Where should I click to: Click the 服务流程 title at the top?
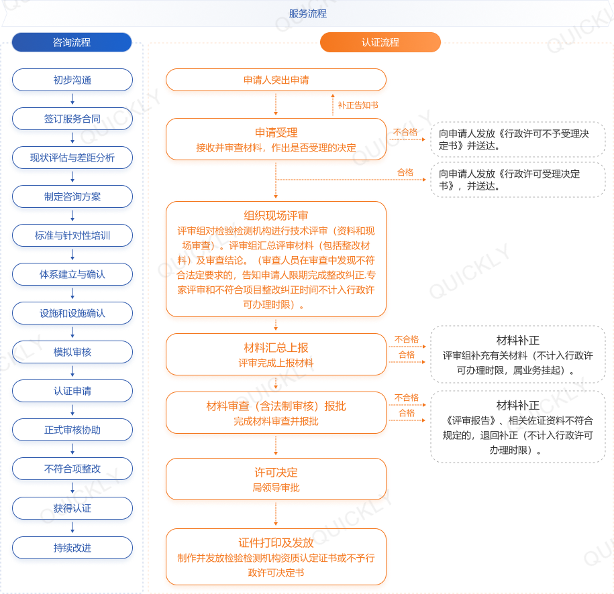[307, 13]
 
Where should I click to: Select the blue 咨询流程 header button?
[72, 42]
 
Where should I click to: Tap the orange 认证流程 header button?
[380, 42]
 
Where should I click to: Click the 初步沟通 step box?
[72, 80]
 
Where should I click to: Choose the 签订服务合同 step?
[72, 119]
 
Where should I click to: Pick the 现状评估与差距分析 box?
[72, 158]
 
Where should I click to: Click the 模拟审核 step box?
[72, 352]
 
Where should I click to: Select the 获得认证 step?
[72, 508]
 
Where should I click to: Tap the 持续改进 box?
[72, 548]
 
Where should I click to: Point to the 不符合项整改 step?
[72, 469]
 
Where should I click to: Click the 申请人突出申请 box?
[276, 80]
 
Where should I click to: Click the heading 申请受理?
[276, 132]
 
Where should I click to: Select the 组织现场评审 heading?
[276, 215]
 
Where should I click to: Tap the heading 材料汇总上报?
[276, 347]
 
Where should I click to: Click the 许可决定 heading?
[276, 473]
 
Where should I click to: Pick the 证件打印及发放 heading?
[276, 542]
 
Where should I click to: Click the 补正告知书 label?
[358, 105]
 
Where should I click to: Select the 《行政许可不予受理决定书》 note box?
[517, 139]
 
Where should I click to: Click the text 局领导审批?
[276, 488]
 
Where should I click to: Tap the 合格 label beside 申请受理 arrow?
[405, 173]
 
